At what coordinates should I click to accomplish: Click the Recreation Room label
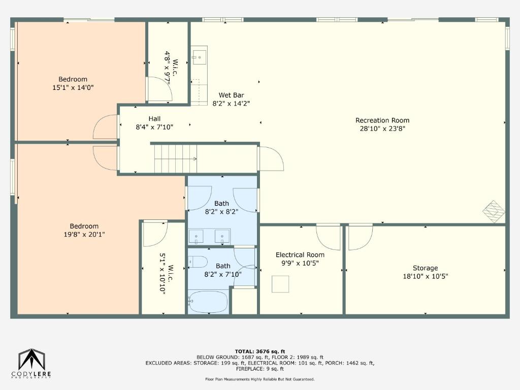coord(382,120)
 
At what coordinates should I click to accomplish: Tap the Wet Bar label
coord(231,95)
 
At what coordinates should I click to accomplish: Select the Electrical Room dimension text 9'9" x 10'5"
coord(300,264)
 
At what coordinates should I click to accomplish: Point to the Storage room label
coord(425,268)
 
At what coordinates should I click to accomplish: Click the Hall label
coord(154,119)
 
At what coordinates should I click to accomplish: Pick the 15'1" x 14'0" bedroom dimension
coord(73,87)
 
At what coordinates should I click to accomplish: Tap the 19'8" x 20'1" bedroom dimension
coord(84,235)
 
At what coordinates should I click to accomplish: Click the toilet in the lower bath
coord(198,262)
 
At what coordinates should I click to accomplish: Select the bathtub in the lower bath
coord(208,302)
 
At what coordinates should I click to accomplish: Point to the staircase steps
coord(175,159)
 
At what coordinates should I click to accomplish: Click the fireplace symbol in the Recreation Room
coord(494,211)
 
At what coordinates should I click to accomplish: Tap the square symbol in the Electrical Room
coord(280,284)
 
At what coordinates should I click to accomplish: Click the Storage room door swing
coord(361,238)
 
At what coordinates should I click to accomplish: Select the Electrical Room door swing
coord(329,238)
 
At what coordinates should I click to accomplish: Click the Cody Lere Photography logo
coord(31,364)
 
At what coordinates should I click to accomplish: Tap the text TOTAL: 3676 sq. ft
coord(260,351)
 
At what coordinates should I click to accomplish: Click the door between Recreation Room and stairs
coord(271,158)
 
